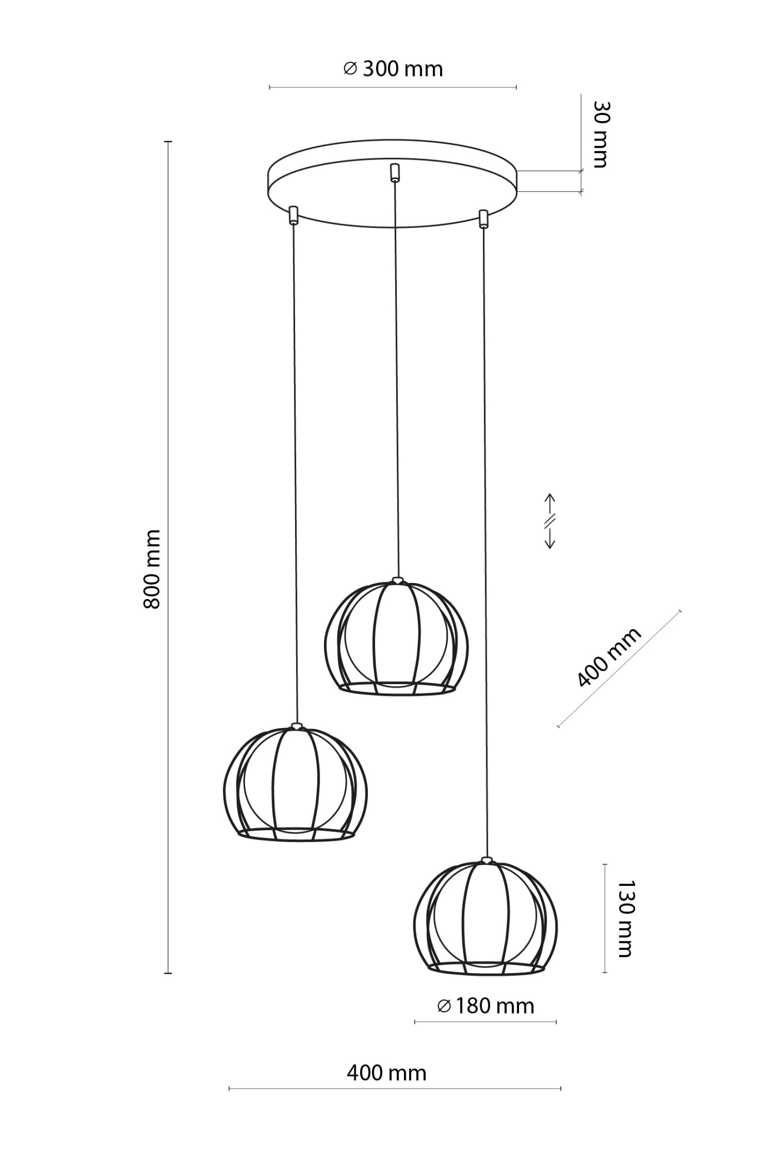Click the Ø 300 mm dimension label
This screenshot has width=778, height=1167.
pyautogui.click(x=393, y=69)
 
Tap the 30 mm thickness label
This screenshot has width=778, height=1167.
pyautogui.click(x=601, y=134)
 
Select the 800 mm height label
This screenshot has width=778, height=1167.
pyautogui.click(x=152, y=569)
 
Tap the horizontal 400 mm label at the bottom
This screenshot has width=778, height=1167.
pyautogui.click(x=387, y=1073)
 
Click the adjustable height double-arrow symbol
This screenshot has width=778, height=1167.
pyautogui.click(x=550, y=521)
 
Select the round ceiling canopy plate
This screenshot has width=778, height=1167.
pyautogui.click(x=393, y=183)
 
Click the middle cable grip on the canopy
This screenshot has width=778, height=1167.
pyautogui.click(x=394, y=172)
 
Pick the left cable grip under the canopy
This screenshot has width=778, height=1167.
pyautogui.click(x=293, y=215)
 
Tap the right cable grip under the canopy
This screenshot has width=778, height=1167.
pyautogui.click(x=483, y=218)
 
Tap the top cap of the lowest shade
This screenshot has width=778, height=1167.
pyautogui.click(x=487, y=860)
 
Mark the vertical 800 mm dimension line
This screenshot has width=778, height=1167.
pyautogui.click(x=168, y=557)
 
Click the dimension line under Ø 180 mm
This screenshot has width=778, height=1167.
pyautogui.click(x=486, y=1022)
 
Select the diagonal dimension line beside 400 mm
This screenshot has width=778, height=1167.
pyautogui.click(x=619, y=669)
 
